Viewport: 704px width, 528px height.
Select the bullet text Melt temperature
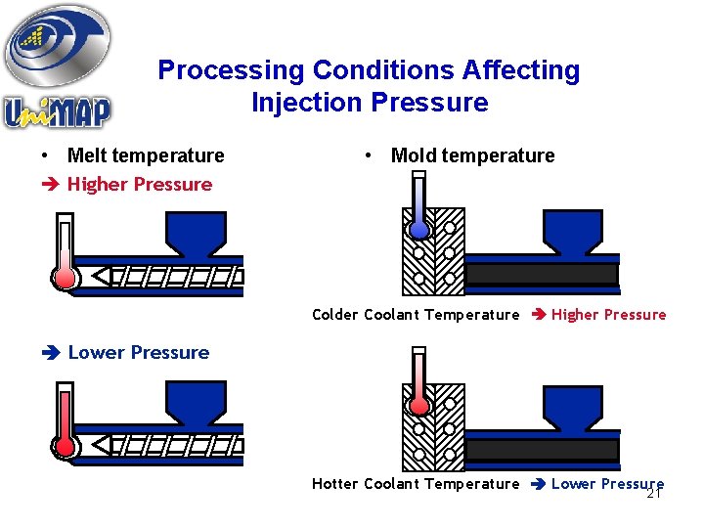click(146, 155)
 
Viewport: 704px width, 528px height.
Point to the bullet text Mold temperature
click(472, 155)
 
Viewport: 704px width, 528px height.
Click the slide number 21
click(654, 494)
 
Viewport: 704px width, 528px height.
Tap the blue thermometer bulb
click(419, 230)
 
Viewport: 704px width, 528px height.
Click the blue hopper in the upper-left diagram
click(196, 234)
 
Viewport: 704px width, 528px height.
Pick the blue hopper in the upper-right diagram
click(572, 231)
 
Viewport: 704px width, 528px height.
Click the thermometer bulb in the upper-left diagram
click(66, 277)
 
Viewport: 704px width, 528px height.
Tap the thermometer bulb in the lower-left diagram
click(66, 446)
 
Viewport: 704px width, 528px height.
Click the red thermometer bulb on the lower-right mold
click(419, 404)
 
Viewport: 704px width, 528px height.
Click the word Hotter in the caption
click(334, 484)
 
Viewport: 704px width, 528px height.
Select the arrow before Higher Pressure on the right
click(537, 315)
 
